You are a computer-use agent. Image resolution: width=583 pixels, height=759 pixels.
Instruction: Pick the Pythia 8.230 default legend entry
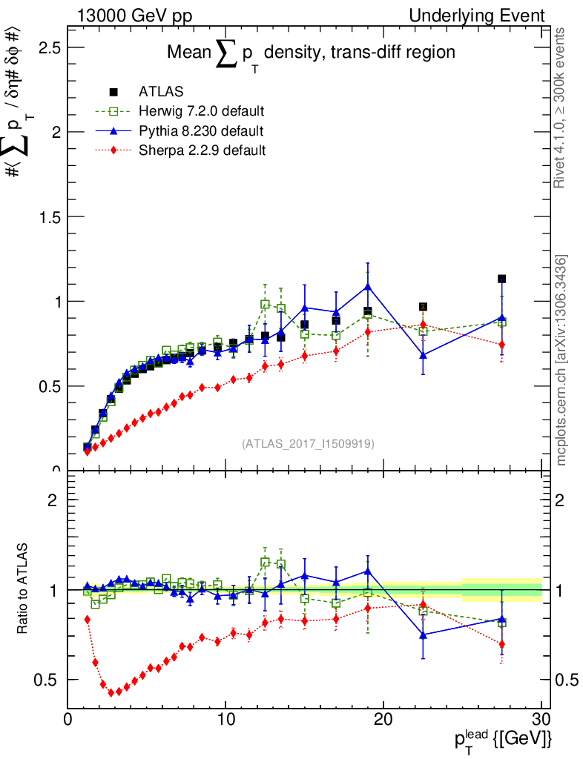coord(201,131)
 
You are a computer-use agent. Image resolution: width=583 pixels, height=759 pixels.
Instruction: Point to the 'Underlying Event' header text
coord(490,16)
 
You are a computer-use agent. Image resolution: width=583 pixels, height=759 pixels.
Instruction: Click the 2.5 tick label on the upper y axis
coord(49,48)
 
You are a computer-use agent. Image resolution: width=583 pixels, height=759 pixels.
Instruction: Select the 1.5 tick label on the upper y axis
coord(49,217)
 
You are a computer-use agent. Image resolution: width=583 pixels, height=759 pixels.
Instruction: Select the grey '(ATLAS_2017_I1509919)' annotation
coord(308,443)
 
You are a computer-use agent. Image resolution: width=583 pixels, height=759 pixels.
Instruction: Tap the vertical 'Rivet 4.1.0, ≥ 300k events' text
coord(561,107)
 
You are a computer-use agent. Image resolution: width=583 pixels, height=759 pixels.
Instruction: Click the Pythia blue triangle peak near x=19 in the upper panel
coord(368,286)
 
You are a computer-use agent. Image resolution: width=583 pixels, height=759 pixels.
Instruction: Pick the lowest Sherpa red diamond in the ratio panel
coord(111,692)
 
